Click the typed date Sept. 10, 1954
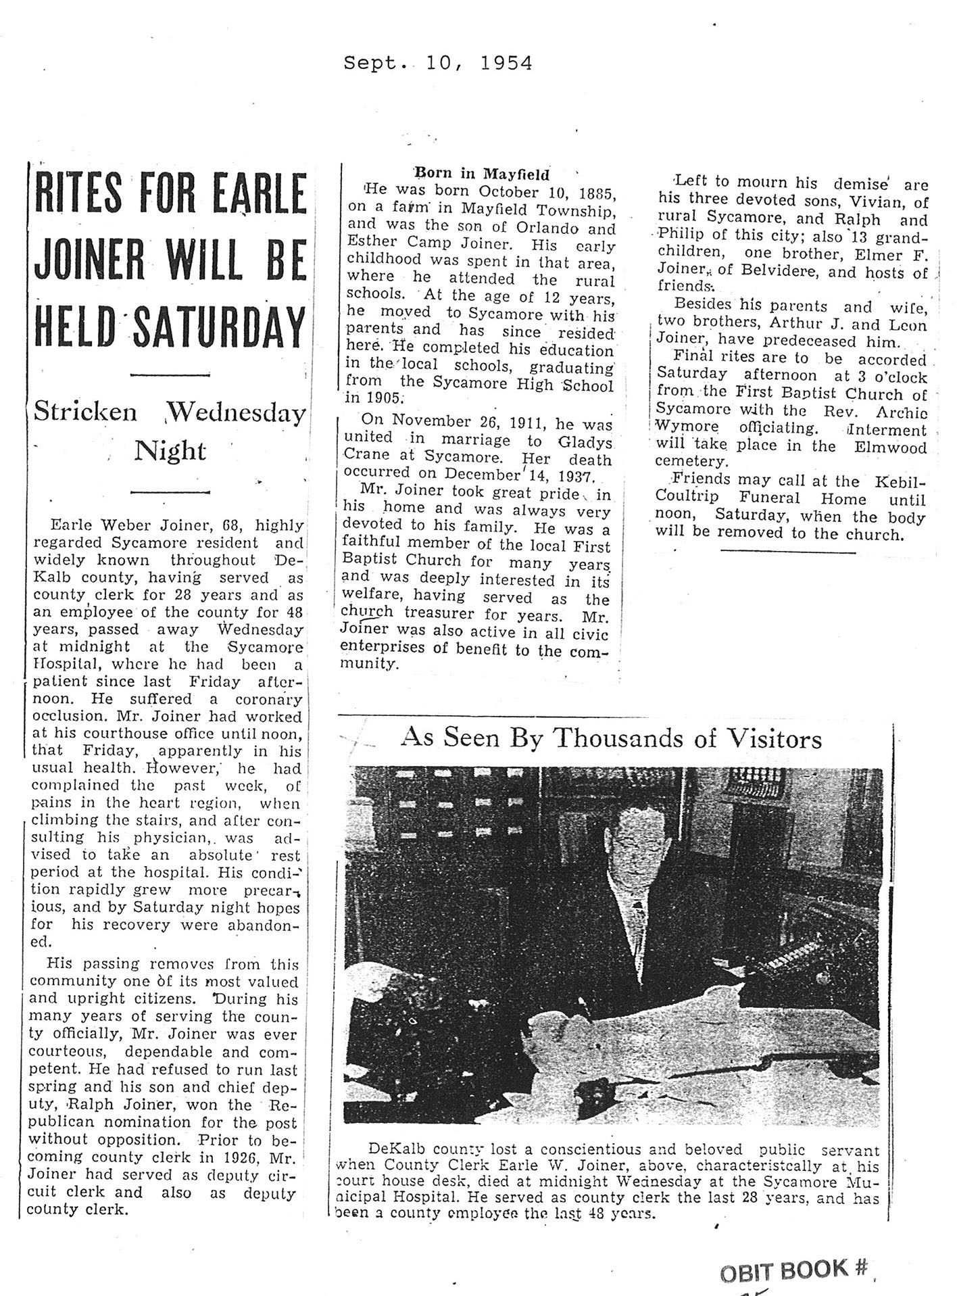(437, 64)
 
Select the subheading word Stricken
(86, 412)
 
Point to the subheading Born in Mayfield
(481, 174)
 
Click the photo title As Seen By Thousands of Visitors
(611, 738)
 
